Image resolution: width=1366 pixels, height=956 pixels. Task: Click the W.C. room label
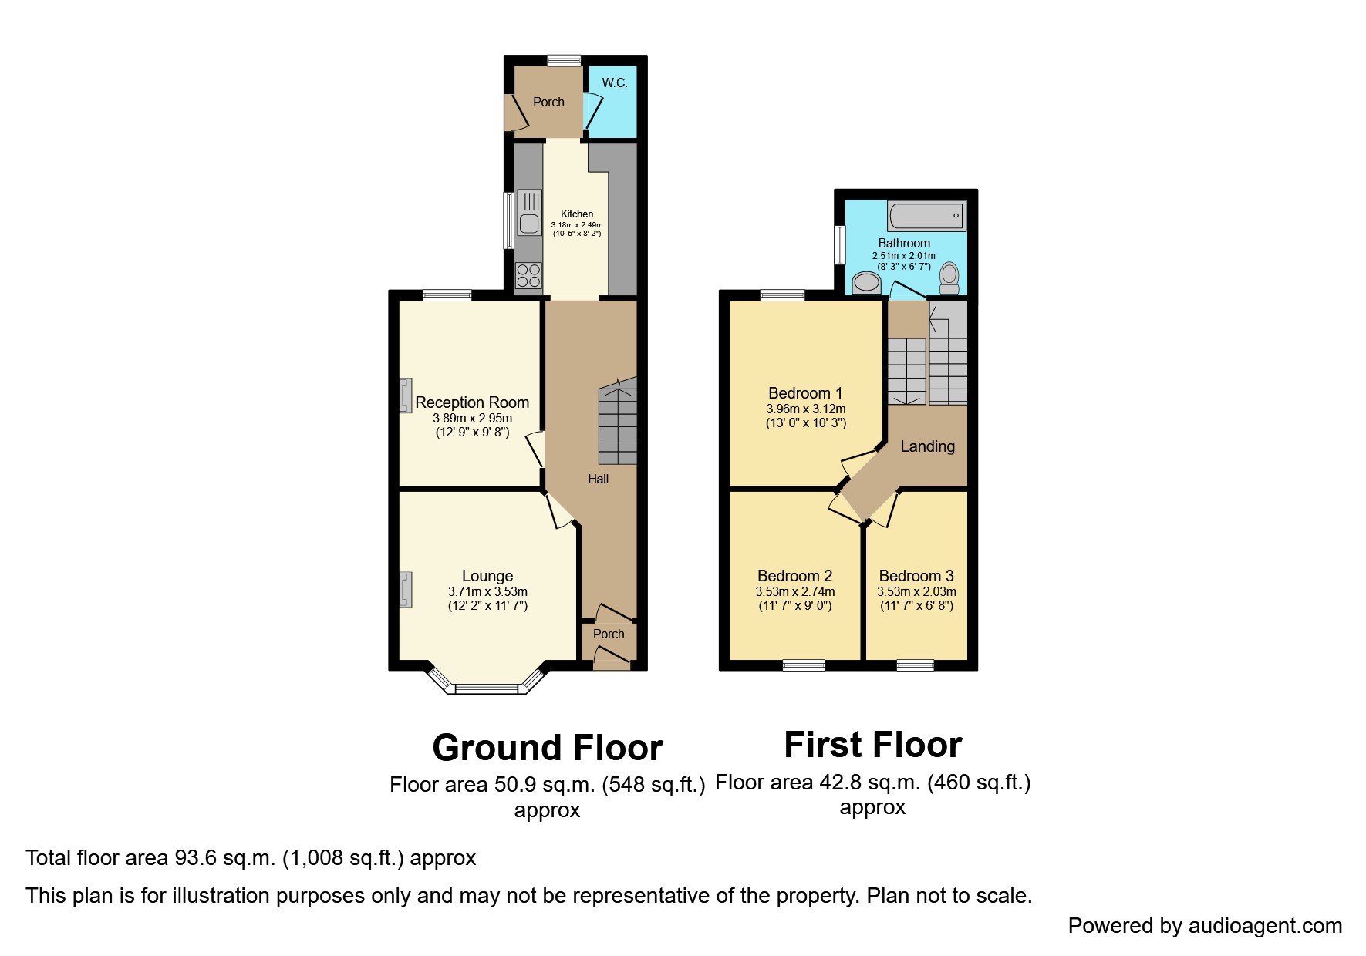pos(614,83)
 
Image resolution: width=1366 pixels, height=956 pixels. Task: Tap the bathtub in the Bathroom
pos(926,216)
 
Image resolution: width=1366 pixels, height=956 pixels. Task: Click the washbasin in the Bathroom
pos(867,283)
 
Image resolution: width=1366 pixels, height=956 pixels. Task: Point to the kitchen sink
pos(529,213)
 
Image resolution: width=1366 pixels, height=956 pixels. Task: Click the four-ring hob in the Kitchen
pos(528,275)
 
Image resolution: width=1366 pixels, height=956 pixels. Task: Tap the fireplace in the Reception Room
pos(405,396)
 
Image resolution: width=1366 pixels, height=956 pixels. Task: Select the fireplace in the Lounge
pos(405,590)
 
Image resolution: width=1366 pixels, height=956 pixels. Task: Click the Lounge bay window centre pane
pos(487,688)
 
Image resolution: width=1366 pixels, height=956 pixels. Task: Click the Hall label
pos(598,480)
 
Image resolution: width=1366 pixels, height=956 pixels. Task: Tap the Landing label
pos(927,446)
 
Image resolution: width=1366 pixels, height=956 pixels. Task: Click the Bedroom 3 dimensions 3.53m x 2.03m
pos(916,592)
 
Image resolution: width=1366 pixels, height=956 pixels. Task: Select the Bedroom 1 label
pos(805,393)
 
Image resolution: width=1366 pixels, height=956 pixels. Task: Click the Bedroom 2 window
pos(804,665)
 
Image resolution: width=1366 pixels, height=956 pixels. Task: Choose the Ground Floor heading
pos(548,748)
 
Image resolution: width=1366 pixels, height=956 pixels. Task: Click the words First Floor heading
pos(872,745)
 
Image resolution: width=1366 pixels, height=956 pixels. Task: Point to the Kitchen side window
pos(508,220)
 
